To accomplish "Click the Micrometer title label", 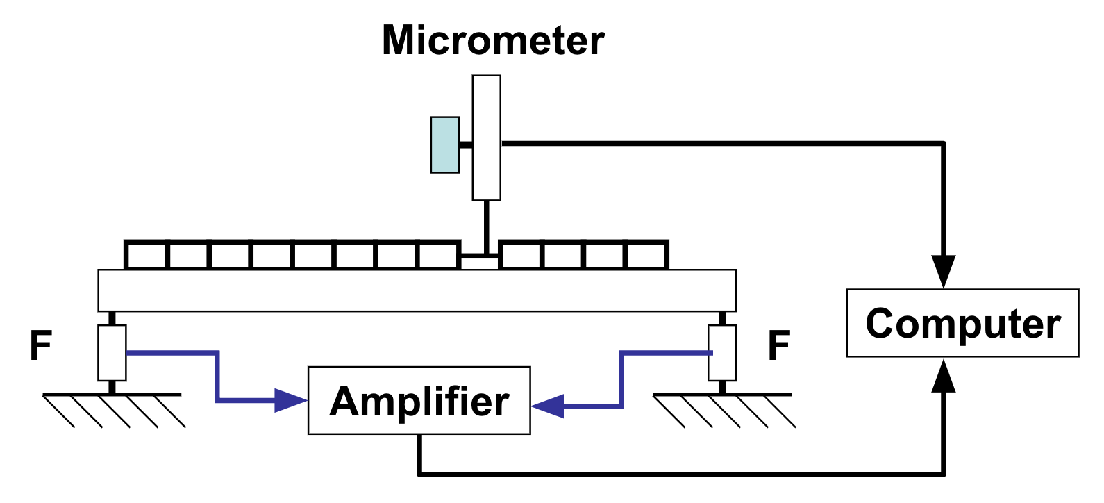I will click(493, 40).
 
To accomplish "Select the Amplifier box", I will click(419, 401).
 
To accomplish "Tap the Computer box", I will click(962, 323).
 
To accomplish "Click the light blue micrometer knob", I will click(445, 145).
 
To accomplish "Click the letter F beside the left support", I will click(41, 345).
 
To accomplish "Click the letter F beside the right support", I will click(779, 345).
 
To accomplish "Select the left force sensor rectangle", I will click(112, 353).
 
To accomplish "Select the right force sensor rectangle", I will click(722, 353).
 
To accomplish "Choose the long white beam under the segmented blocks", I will click(417, 290).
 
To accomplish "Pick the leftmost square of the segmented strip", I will click(147, 256).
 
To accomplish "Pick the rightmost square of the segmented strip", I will click(646, 256).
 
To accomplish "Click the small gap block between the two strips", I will click(480, 263).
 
